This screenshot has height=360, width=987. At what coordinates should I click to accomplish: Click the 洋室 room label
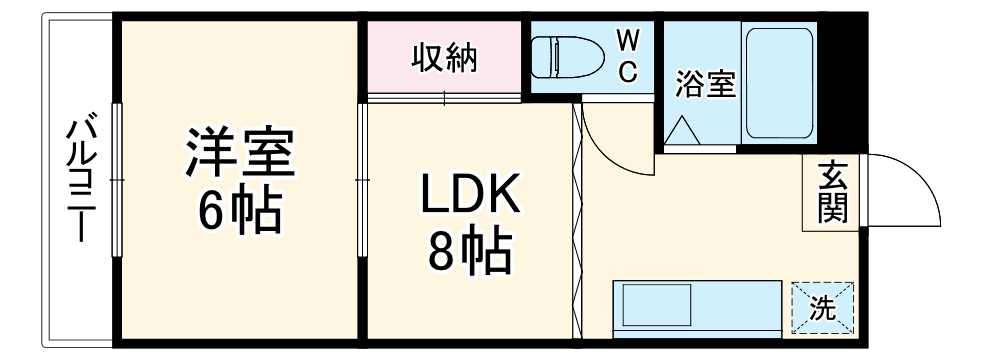point(238,153)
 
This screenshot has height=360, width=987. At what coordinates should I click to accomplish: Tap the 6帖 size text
point(238,210)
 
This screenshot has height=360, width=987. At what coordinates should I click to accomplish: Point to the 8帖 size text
point(468,254)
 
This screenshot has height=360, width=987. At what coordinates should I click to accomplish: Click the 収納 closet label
point(445,59)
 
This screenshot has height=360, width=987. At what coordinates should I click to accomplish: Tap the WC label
point(627,56)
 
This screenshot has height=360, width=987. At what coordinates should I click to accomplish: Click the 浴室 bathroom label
point(705,85)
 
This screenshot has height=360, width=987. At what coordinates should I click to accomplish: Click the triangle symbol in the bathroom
point(685,131)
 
